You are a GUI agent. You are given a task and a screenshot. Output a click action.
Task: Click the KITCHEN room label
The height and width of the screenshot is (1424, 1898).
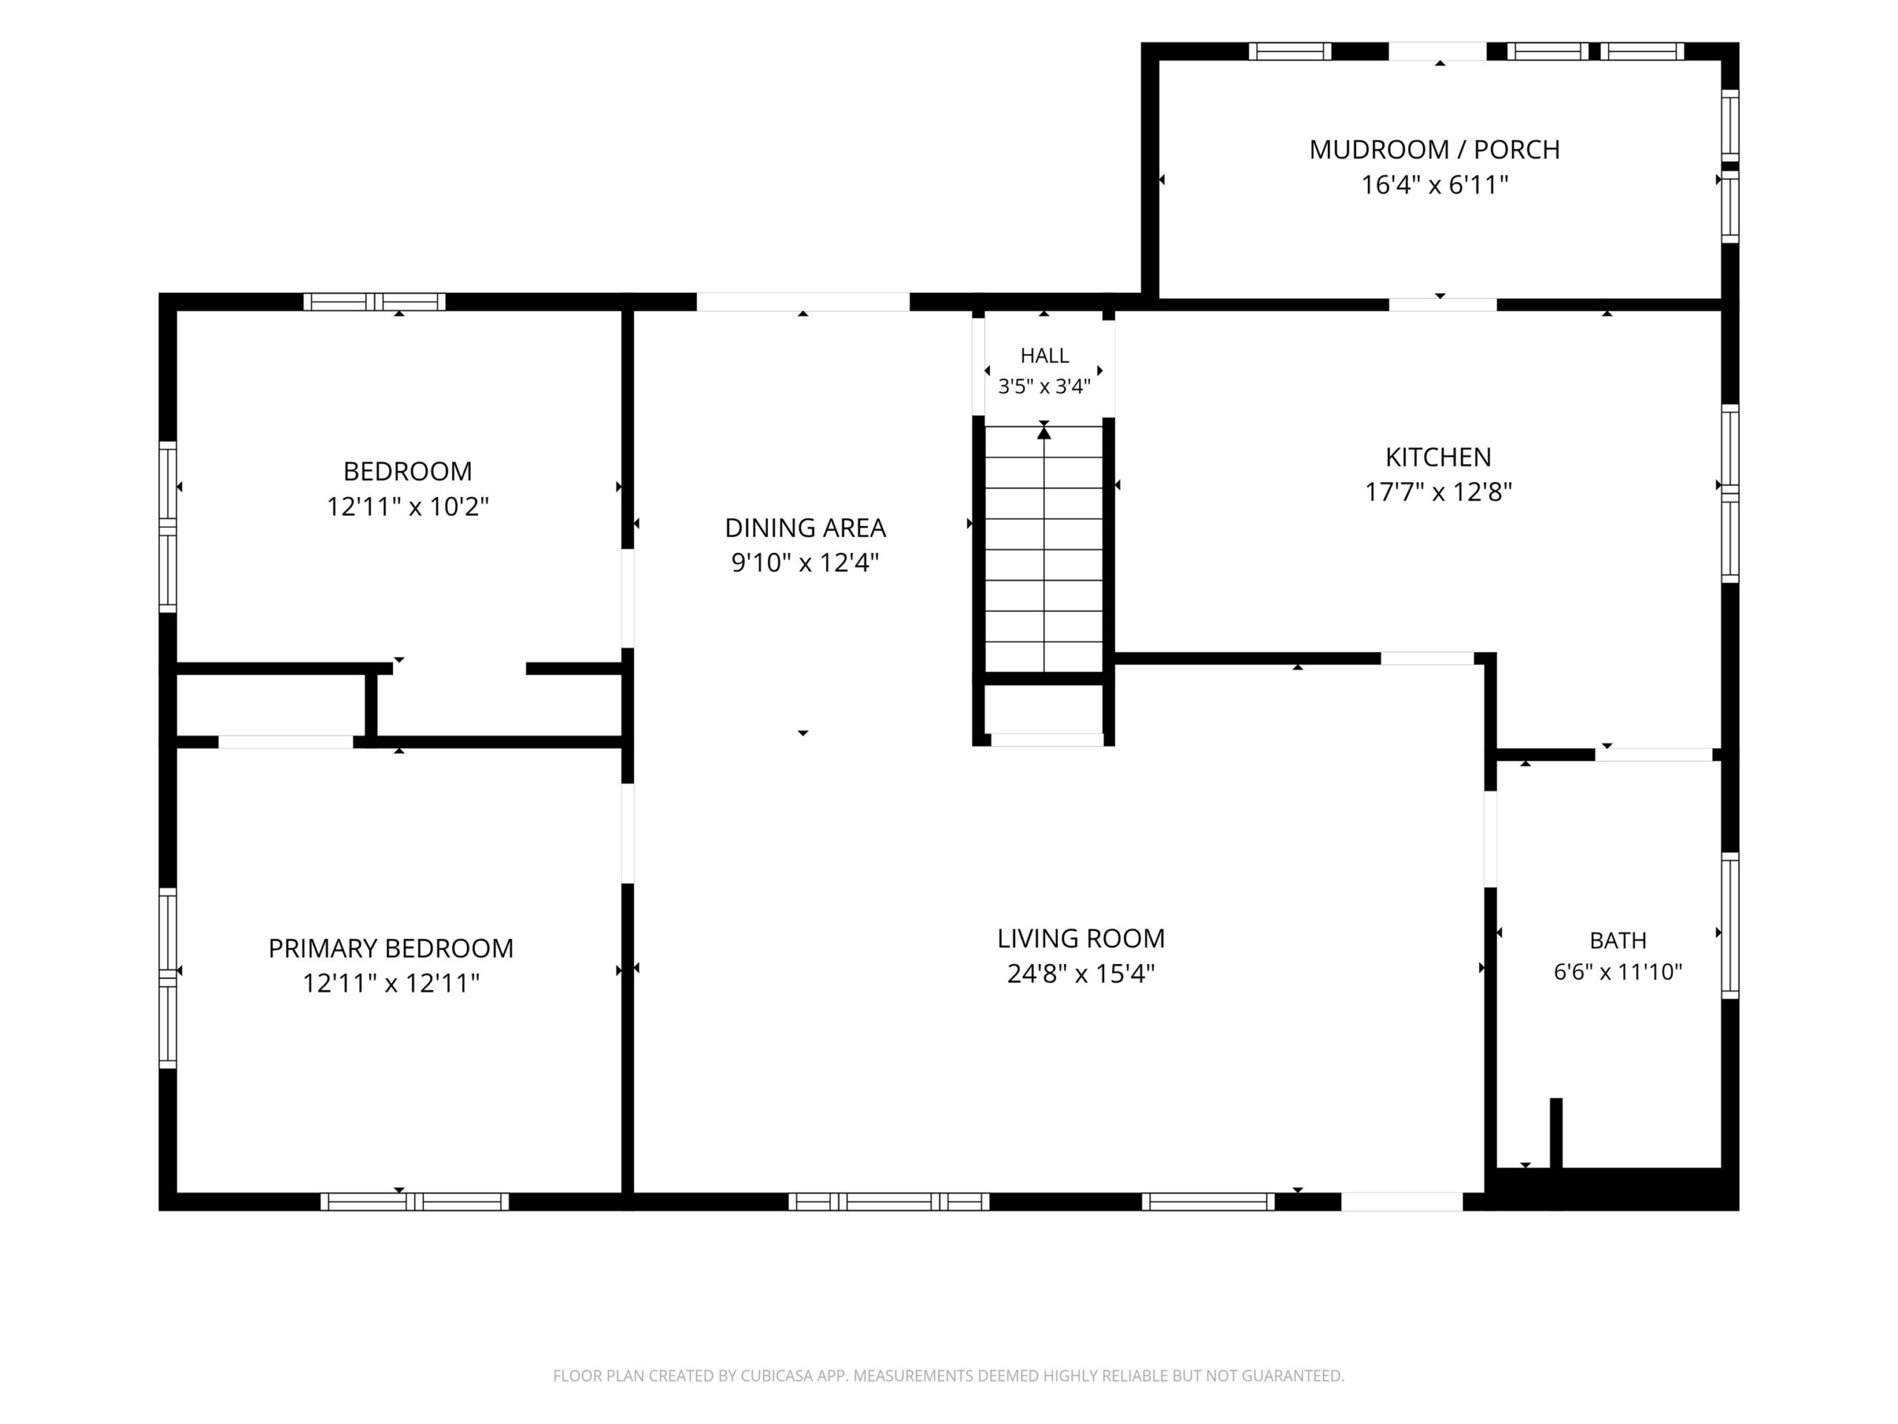(x=1438, y=457)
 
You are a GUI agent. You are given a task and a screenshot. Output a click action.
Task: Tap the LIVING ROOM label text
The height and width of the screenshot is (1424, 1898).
(x=1081, y=938)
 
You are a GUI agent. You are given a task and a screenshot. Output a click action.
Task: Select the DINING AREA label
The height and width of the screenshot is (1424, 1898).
(x=805, y=528)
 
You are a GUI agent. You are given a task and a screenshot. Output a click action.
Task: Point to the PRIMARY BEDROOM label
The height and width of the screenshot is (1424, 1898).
(x=391, y=949)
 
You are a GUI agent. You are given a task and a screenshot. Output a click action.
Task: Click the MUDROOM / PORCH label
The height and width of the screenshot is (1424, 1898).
(x=1435, y=149)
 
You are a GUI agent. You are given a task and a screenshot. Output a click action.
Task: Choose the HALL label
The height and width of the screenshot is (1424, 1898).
(x=1044, y=355)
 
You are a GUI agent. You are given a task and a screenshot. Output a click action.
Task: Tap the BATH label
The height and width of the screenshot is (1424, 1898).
(x=1618, y=940)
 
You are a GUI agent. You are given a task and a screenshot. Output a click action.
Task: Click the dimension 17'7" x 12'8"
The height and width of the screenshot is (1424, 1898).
(x=1438, y=492)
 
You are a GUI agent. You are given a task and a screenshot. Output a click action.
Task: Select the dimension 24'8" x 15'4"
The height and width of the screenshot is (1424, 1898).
(x=1081, y=973)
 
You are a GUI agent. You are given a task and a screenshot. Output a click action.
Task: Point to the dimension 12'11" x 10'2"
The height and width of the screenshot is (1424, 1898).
(x=408, y=507)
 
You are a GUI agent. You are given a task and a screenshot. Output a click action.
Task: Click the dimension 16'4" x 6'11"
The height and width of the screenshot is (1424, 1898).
(x=1435, y=185)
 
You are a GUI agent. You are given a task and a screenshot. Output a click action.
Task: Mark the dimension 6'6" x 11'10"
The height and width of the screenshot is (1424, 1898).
(x=1618, y=972)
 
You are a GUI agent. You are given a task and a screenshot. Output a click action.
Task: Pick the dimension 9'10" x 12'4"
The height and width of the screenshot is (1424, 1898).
(x=805, y=563)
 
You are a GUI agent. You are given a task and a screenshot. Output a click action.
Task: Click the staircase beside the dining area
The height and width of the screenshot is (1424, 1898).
(x=1043, y=550)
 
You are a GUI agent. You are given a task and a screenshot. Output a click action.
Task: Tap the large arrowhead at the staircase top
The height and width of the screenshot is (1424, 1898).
(x=1043, y=433)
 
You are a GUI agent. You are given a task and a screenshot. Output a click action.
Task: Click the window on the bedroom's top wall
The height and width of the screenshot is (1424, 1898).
(x=374, y=302)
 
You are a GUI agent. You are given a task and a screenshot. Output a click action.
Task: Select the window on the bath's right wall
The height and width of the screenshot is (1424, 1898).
(x=1730, y=926)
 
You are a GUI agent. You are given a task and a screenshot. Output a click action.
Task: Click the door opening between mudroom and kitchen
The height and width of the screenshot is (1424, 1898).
(x=1442, y=305)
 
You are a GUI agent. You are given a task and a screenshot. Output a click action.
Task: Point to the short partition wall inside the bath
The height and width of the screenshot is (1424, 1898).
(x=1555, y=1133)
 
